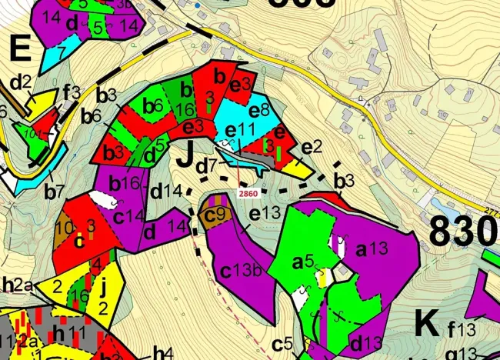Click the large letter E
coord(20,52)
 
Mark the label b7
coord(54,191)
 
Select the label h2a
coord(15,285)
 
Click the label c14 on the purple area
coord(128,216)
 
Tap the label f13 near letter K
coord(462,332)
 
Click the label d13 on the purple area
coord(366,342)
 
